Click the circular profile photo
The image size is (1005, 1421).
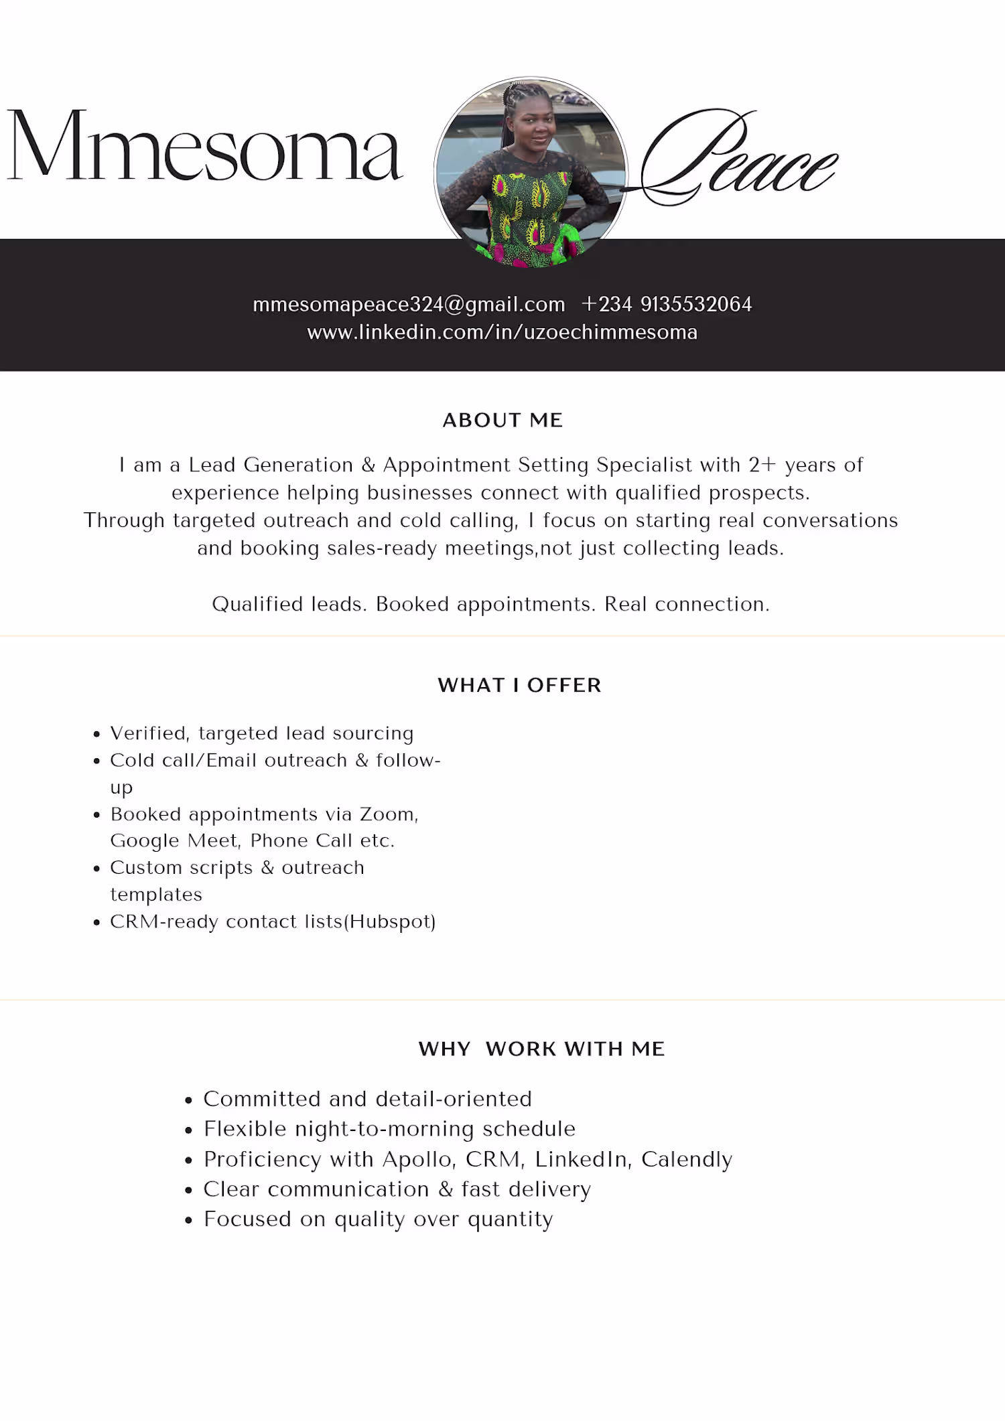pos(531,173)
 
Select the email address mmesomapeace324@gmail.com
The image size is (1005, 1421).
pos(409,305)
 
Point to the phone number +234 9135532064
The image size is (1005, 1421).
pos(667,305)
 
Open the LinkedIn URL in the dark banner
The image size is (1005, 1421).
pos(503,333)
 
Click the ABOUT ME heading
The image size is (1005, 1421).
pos(503,421)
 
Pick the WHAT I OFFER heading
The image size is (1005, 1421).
pos(519,686)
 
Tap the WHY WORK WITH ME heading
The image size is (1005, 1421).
pos(541,1049)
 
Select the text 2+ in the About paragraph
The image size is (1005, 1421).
pos(762,465)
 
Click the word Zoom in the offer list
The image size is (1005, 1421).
pos(388,814)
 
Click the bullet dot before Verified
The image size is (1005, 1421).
pos(97,735)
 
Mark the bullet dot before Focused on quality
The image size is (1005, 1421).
pos(189,1221)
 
